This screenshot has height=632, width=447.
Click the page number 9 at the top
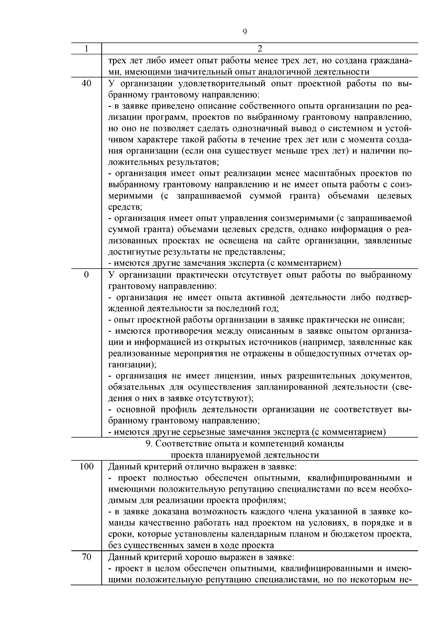(x=245, y=32)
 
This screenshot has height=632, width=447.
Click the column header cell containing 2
(x=260, y=49)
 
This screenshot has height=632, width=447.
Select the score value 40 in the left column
(x=86, y=83)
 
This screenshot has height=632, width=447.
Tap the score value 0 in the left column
(x=86, y=275)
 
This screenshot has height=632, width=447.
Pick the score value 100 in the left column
(x=86, y=466)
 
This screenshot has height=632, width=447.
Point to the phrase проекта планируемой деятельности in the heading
(x=245, y=455)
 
